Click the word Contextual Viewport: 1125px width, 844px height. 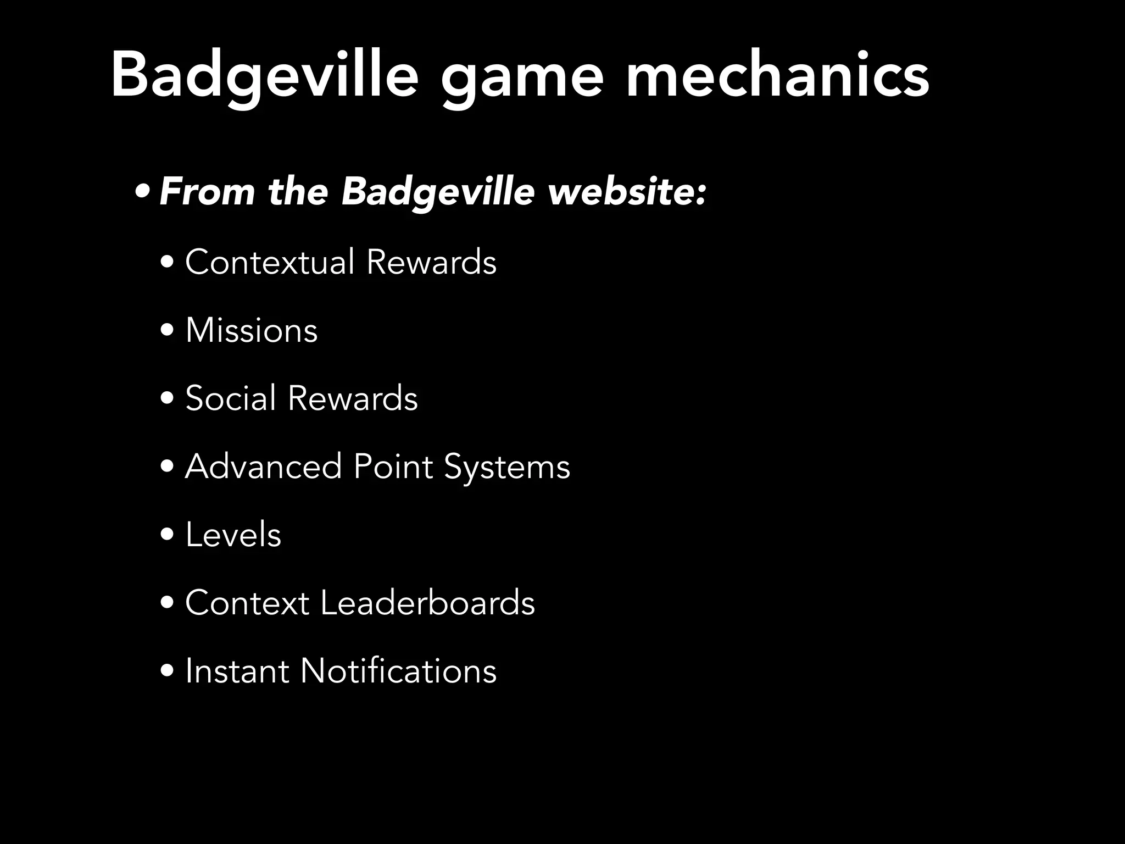pyautogui.click(x=270, y=262)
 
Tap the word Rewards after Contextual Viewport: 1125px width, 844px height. pyautogui.click(x=431, y=262)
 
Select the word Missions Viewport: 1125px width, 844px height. pyautogui.click(x=252, y=330)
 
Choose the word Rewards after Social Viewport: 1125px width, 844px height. pyautogui.click(x=353, y=398)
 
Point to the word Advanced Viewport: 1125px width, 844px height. pyautogui.click(x=264, y=467)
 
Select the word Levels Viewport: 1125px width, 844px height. pyautogui.click(x=233, y=535)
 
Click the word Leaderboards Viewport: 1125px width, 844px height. pyautogui.click(x=427, y=603)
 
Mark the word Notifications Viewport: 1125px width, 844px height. pyautogui.click(x=398, y=671)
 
